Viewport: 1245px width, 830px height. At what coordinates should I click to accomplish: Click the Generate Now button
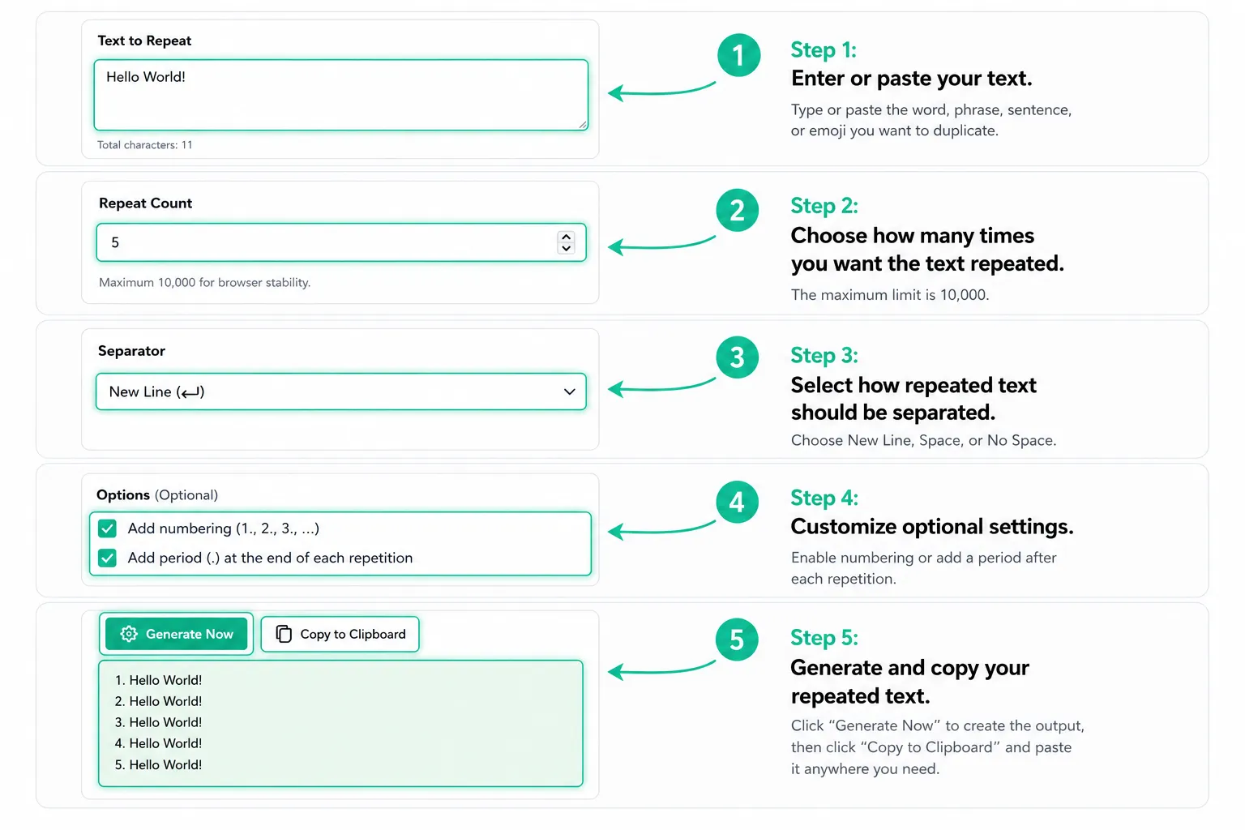[176, 634]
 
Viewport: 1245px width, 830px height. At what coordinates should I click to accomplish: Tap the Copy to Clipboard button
[340, 634]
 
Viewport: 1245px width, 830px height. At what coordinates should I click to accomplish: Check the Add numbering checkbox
[107, 528]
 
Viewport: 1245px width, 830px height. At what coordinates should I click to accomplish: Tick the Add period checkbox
[107, 558]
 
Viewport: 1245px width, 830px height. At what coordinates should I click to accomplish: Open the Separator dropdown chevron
[569, 392]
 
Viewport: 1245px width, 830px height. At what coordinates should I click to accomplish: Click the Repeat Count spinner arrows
[566, 242]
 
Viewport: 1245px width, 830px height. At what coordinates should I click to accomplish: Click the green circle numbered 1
[738, 55]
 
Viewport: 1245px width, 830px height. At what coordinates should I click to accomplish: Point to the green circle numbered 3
[737, 357]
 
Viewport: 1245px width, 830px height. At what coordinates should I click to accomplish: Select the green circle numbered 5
[737, 640]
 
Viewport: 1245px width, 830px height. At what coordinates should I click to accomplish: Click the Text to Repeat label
[144, 41]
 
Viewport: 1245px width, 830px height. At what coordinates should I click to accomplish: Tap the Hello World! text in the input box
[146, 77]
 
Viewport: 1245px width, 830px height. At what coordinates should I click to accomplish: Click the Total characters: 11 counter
[145, 145]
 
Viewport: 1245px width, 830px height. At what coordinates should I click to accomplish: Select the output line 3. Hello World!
[158, 722]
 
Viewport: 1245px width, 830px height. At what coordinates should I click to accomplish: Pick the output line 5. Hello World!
[158, 764]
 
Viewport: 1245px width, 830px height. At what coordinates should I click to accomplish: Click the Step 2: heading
[824, 206]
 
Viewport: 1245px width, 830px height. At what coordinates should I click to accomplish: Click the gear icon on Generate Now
[129, 634]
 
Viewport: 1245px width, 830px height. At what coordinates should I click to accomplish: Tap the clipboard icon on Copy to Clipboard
[284, 634]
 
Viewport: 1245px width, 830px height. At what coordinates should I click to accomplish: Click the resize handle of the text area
[583, 125]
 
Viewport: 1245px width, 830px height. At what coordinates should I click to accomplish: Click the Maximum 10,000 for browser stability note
[204, 282]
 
